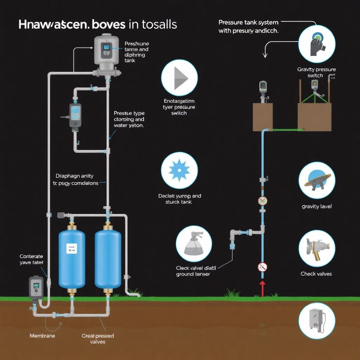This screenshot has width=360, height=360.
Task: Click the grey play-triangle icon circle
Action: click(x=179, y=77)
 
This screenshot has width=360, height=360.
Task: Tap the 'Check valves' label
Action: click(x=316, y=274)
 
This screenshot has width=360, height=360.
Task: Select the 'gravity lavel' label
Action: click(x=316, y=206)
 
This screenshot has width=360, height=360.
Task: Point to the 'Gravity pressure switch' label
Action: click(x=316, y=72)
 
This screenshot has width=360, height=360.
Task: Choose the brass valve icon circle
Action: click(x=316, y=248)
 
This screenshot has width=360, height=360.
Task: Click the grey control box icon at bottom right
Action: click(x=316, y=321)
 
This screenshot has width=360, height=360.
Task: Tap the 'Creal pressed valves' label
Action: click(x=98, y=339)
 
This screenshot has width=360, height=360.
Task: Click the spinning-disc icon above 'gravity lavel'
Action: click(x=316, y=180)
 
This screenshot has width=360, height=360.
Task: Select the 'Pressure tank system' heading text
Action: click(x=248, y=22)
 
